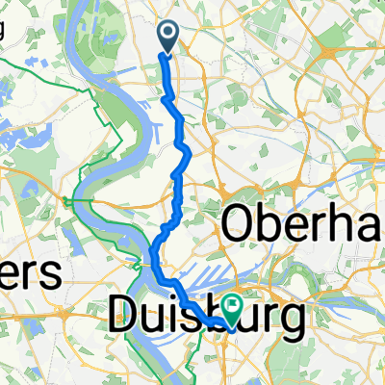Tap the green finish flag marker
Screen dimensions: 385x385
[232, 307]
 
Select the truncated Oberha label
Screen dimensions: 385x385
[302, 226]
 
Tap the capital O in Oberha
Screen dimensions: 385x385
[240, 226]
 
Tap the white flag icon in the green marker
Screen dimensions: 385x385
[232, 305]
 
